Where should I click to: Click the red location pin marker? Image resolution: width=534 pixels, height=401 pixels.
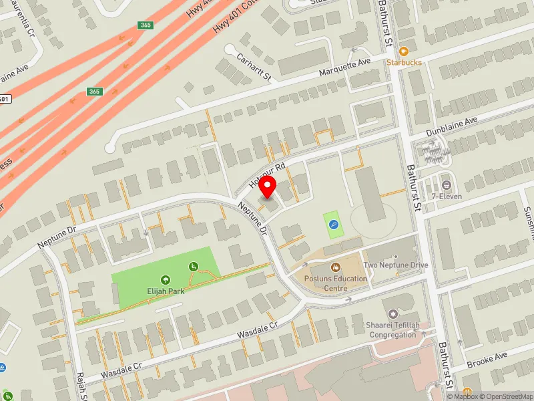click(268, 186)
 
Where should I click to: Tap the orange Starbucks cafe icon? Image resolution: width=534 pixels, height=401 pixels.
click(403, 51)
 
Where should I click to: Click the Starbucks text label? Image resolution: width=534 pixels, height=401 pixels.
click(404, 62)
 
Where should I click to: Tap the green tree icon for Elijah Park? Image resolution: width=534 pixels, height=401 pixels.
click(166, 280)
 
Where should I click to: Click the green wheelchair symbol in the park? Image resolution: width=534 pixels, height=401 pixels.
click(194, 267)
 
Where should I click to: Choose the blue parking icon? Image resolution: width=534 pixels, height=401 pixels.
click(334, 225)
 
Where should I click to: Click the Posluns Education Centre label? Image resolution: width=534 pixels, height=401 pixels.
click(335, 283)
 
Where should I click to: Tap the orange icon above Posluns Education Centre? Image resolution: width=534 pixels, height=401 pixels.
click(335, 268)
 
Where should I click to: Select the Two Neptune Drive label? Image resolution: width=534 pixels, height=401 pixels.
click(396, 265)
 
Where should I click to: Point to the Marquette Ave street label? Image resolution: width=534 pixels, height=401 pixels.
click(344, 68)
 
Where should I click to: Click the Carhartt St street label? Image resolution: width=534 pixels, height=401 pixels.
click(254, 67)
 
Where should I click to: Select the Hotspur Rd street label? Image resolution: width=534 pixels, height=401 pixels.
click(268, 173)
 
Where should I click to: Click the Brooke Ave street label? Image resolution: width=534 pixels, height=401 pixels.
click(487, 358)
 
